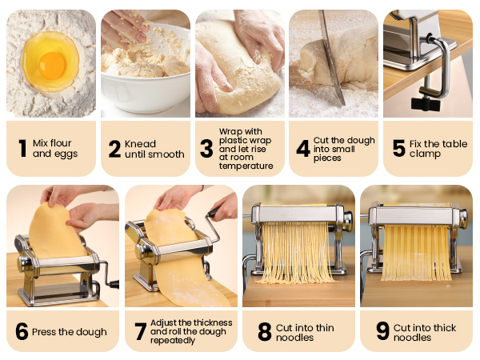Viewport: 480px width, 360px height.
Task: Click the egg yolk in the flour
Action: click(x=52, y=65)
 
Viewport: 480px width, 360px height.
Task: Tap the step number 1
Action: click(x=22, y=148)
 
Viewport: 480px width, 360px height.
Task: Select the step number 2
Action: click(x=114, y=148)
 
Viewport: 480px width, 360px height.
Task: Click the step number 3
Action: click(x=206, y=148)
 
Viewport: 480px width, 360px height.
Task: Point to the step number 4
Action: click(x=303, y=148)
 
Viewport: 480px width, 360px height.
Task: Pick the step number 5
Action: click(x=398, y=148)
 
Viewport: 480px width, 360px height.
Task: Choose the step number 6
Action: click(x=22, y=332)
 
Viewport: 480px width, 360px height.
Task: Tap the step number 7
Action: click(x=140, y=332)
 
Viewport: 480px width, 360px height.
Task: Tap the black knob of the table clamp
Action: click(x=426, y=103)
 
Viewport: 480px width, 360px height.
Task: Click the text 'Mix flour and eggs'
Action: click(x=55, y=149)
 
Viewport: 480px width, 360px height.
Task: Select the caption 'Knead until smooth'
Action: click(x=154, y=149)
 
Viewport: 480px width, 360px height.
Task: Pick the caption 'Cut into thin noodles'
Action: click(x=306, y=332)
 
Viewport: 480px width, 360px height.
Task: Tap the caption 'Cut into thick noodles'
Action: click(x=424, y=332)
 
